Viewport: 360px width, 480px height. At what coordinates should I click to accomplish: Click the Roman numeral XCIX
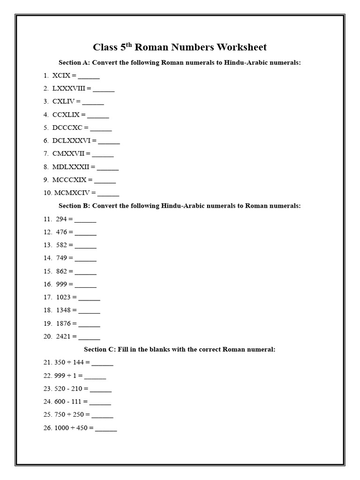[61, 75]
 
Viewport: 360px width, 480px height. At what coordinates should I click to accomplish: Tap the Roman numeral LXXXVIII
[69, 88]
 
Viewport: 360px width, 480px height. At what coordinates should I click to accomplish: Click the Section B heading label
[75, 206]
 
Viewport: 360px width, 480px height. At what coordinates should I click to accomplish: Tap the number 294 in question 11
[61, 219]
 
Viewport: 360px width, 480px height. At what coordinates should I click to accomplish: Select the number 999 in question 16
[61, 284]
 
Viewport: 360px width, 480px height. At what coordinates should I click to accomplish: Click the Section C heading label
[99, 349]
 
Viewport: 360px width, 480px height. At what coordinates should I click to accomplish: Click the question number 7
[46, 153]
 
